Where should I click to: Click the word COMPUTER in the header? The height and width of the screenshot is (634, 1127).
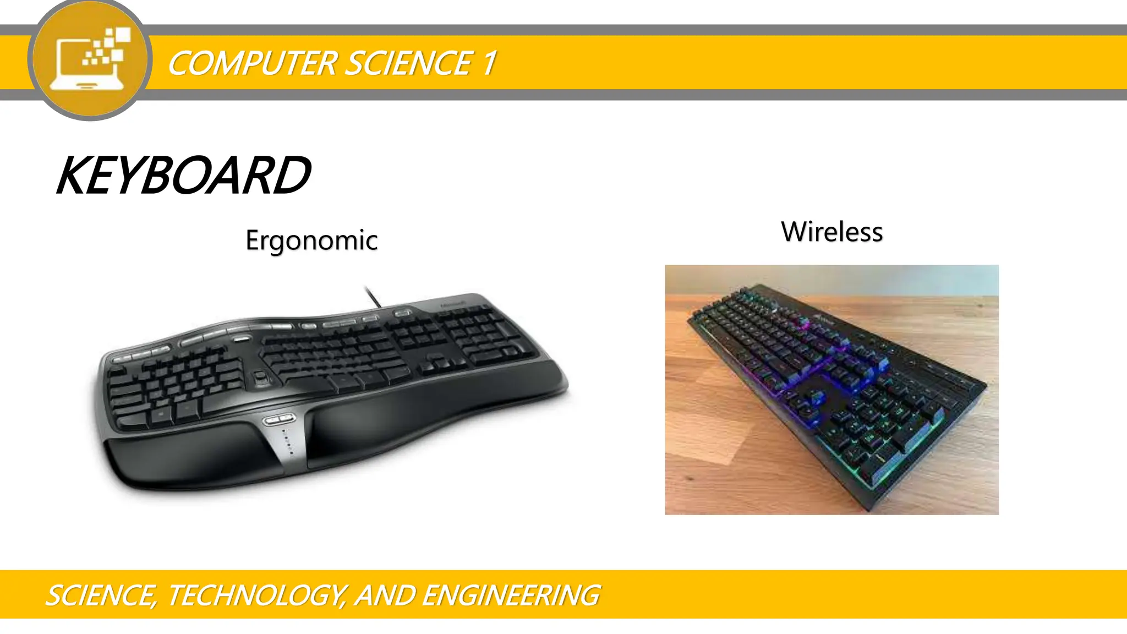(252, 63)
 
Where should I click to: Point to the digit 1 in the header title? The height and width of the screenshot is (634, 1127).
(489, 63)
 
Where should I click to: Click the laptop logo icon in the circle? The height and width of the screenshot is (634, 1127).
(90, 59)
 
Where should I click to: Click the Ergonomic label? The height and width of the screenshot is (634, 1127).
(311, 241)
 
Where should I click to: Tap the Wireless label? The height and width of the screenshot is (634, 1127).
(831, 232)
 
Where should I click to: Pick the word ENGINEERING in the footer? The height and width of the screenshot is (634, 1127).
(511, 595)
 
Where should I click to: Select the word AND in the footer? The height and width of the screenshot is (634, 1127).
(385, 595)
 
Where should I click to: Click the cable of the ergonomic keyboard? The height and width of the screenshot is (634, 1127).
(373, 296)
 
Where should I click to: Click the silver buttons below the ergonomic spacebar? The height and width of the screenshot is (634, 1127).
(280, 420)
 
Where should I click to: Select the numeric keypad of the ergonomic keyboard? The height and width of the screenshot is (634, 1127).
(484, 336)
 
